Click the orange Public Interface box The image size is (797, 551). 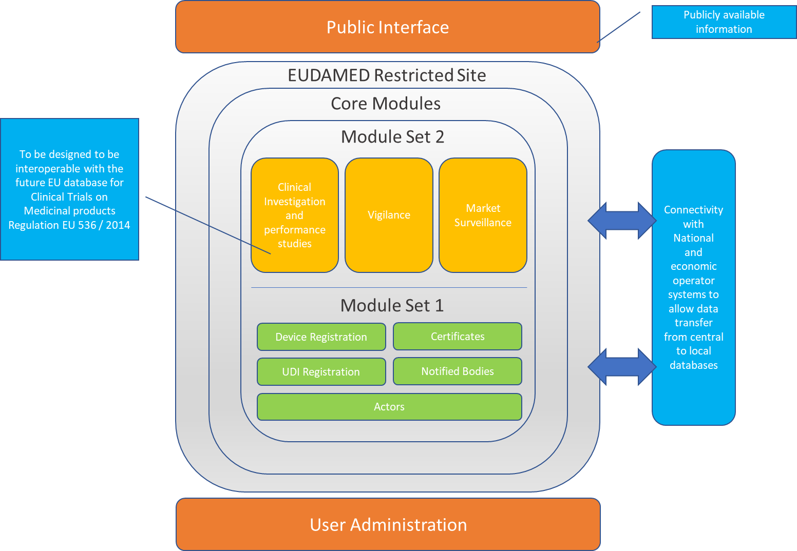[x=388, y=27]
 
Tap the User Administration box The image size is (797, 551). [x=388, y=525]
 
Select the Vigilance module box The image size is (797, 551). [x=389, y=215]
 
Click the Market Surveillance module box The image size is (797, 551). [x=483, y=215]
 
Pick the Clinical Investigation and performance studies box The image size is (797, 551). [x=295, y=215]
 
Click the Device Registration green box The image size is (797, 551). [x=321, y=337]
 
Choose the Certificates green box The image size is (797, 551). [x=458, y=337]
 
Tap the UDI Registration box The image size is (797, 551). [x=321, y=372]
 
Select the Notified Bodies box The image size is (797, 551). [x=458, y=371]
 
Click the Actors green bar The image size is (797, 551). [x=389, y=407]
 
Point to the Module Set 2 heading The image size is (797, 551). [x=392, y=137]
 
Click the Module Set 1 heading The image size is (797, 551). [x=392, y=306]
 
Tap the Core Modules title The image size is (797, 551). [x=386, y=104]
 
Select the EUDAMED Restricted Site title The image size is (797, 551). [x=387, y=75]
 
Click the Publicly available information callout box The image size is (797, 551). [x=724, y=22]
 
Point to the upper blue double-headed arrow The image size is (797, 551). [x=622, y=221]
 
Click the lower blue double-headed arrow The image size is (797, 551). [x=622, y=367]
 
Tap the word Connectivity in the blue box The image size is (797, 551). [x=693, y=210]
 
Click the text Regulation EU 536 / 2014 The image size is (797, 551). [x=69, y=225]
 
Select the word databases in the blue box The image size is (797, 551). [x=693, y=365]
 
